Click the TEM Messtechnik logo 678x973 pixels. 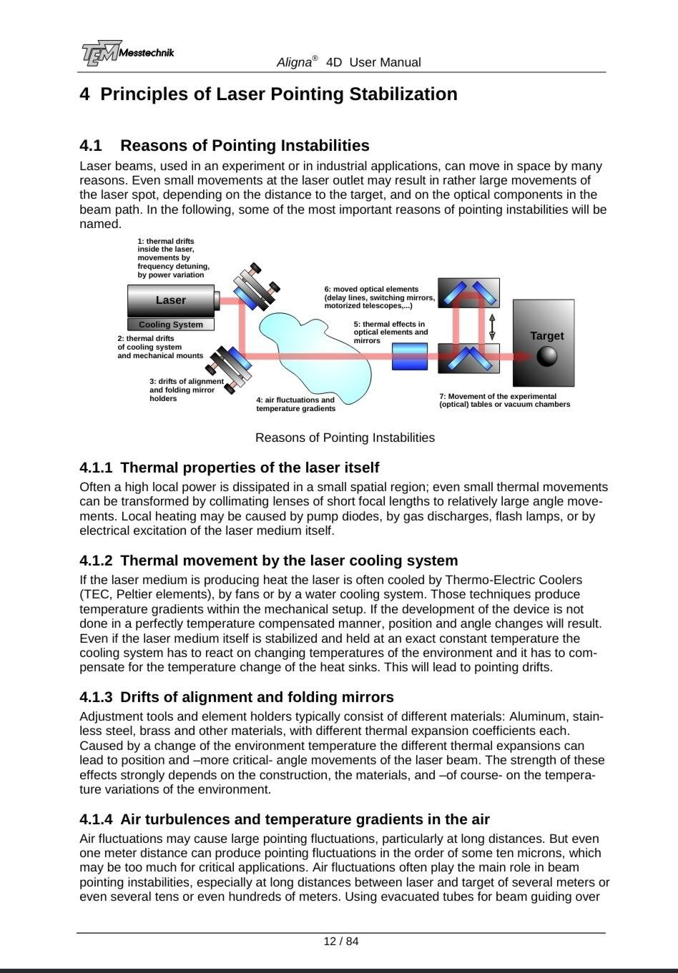pos(127,54)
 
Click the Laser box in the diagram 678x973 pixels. pos(171,300)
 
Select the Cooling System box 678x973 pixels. pos(171,325)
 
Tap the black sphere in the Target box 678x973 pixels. pos(547,356)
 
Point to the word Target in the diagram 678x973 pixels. pos(547,336)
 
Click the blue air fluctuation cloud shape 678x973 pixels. pos(315,350)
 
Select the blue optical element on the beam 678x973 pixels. pos(410,356)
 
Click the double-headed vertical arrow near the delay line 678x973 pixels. pos(492,326)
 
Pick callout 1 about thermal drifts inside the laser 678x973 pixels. pos(174,258)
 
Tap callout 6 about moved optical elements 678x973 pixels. pos(379,297)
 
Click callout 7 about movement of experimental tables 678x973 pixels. pos(505,400)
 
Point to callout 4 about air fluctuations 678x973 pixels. pos(295,405)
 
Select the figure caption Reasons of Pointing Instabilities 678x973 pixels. pos(345,438)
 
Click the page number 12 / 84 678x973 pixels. pos(341,941)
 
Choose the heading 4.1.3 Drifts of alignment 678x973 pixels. pos(237,697)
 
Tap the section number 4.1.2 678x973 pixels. pos(97,560)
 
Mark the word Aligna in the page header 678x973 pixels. pos(294,62)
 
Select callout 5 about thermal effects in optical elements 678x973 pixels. pos(390,332)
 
